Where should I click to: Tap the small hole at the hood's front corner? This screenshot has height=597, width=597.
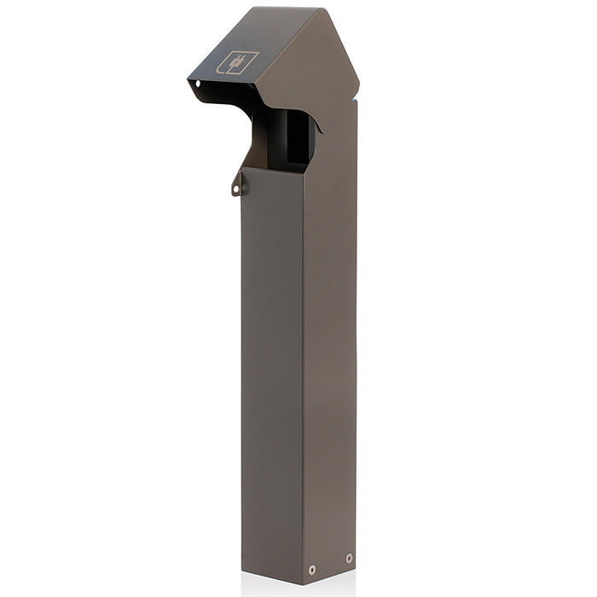(198, 84)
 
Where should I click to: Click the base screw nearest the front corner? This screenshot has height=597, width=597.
(312, 569)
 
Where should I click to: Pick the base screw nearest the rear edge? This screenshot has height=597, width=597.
(348, 558)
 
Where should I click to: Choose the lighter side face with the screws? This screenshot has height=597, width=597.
(328, 358)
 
